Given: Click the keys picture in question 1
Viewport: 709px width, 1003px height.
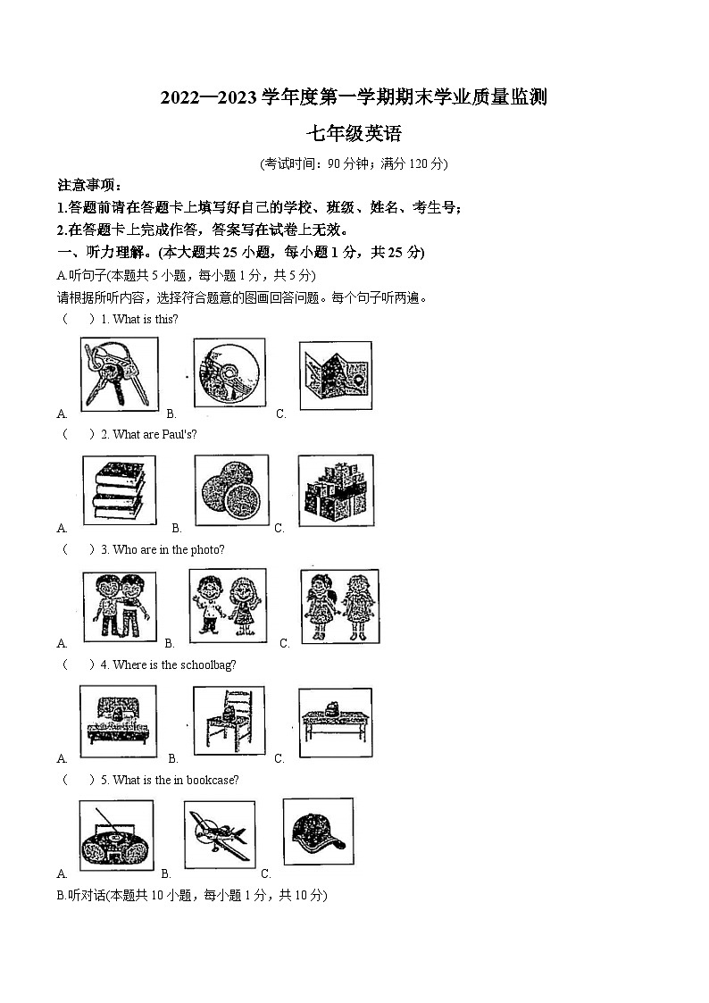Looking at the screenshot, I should pos(120,373).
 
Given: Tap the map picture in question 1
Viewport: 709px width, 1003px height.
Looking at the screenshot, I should pos(335,375).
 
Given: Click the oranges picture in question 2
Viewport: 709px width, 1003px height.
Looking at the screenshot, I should pos(230,489).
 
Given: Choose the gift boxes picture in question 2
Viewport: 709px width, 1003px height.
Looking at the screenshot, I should pos(335,489).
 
